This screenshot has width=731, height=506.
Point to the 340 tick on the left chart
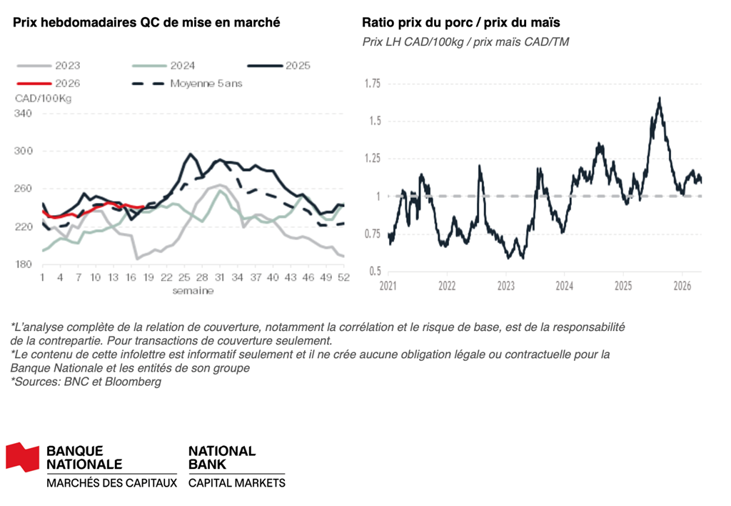pos(24,114)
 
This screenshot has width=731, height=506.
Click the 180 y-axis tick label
pos(24,264)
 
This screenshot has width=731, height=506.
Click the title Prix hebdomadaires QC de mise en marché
pos(146,22)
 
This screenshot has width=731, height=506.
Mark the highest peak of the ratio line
pos(659,98)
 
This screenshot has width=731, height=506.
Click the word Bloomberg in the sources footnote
pos(136,382)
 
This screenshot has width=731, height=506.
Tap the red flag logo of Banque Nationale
pos(22,457)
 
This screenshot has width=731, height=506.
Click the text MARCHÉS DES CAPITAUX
pos(111,483)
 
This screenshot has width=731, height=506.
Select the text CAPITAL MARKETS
pos(236,483)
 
